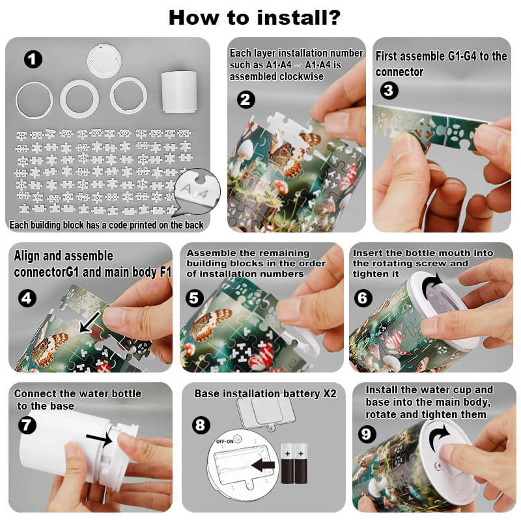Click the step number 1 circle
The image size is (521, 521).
point(33,59)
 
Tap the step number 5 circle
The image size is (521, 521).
point(194,298)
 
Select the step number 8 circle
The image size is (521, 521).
point(201,425)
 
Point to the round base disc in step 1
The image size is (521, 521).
point(104,61)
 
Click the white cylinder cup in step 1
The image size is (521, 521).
point(179,92)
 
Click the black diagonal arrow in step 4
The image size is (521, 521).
point(89,322)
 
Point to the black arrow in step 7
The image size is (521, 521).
point(100,439)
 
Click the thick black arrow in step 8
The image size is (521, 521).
point(263,465)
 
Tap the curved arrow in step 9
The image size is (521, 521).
point(440,436)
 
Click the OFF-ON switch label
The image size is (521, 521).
point(225,442)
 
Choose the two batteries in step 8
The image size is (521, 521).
point(294,464)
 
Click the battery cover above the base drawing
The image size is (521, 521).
point(266,414)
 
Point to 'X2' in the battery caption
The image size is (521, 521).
point(330,393)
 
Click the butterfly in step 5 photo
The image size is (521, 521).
point(210,323)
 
